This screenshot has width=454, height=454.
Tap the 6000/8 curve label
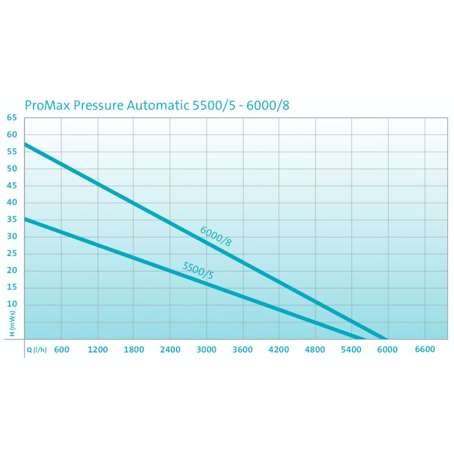(216, 236)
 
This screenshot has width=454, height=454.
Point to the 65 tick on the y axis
(12, 117)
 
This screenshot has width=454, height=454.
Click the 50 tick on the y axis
(12, 169)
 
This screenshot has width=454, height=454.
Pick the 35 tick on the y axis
(12, 220)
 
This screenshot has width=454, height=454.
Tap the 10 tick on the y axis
(12, 305)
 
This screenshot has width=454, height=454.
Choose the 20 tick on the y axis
(12, 271)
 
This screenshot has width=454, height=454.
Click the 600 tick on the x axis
(61, 350)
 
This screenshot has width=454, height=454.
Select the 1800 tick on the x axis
(134, 350)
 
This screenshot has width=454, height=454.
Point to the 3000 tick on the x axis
(207, 350)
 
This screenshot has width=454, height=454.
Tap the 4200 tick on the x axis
(279, 350)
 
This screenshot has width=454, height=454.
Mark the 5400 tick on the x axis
(351, 350)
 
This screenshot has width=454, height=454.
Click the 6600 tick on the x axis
(424, 350)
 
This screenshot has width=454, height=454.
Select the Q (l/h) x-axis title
(36, 350)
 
